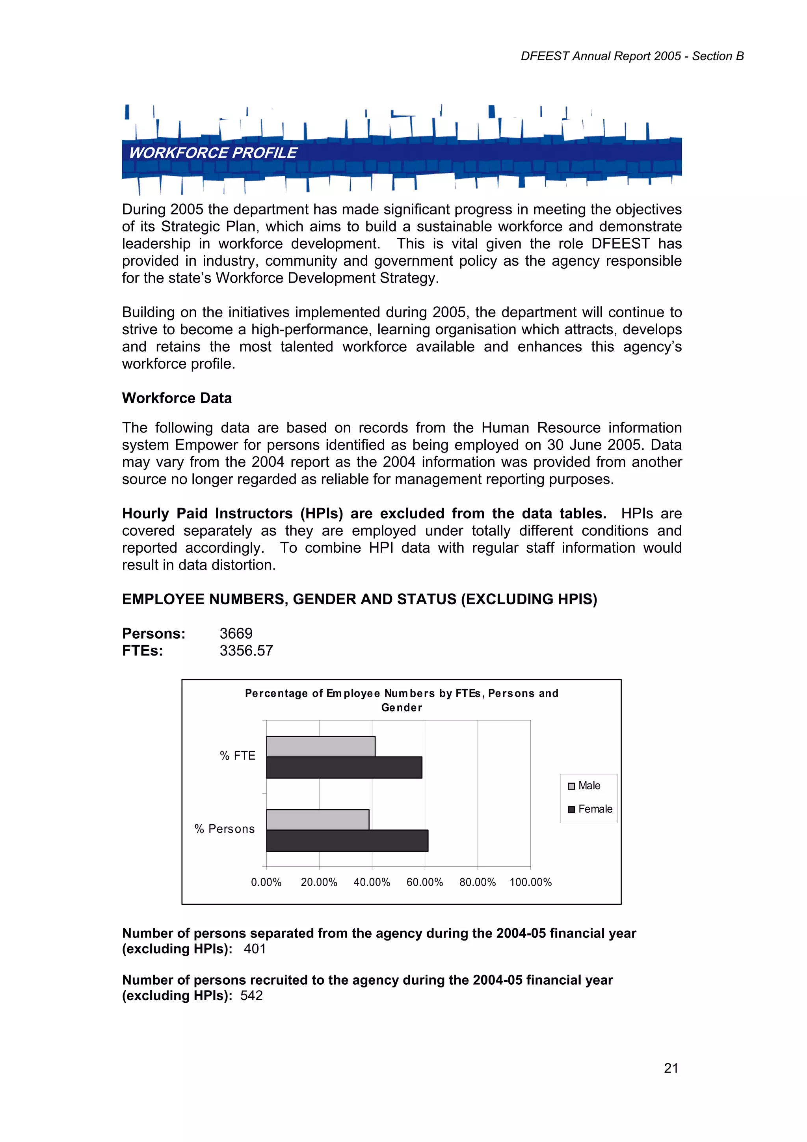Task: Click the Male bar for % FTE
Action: click(x=321, y=746)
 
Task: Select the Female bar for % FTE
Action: click(x=344, y=768)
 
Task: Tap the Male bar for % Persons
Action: click(x=318, y=819)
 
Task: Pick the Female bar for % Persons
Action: click(x=347, y=840)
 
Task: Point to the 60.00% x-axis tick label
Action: click(x=425, y=882)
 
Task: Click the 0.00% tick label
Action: click(x=266, y=882)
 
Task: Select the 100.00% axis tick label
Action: click(x=530, y=882)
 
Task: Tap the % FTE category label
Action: click(x=238, y=756)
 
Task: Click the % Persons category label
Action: click(x=225, y=829)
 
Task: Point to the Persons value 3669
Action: click(x=236, y=633)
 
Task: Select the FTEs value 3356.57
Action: click(x=247, y=650)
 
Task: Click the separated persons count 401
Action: click(x=255, y=949)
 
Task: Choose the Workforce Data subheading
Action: click(x=177, y=399)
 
